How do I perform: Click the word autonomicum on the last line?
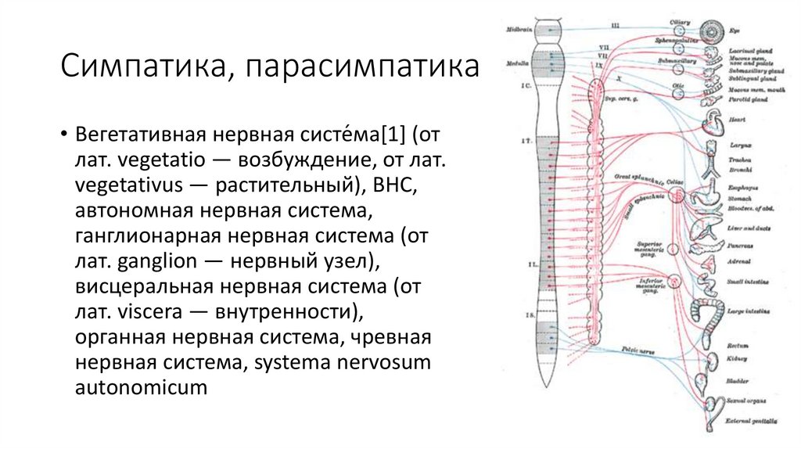tap(142, 386)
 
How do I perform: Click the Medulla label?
tap(518, 63)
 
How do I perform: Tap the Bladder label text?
tap(737, 382)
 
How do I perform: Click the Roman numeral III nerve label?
tap(616, 26)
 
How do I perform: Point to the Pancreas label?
tap(738, 245)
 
